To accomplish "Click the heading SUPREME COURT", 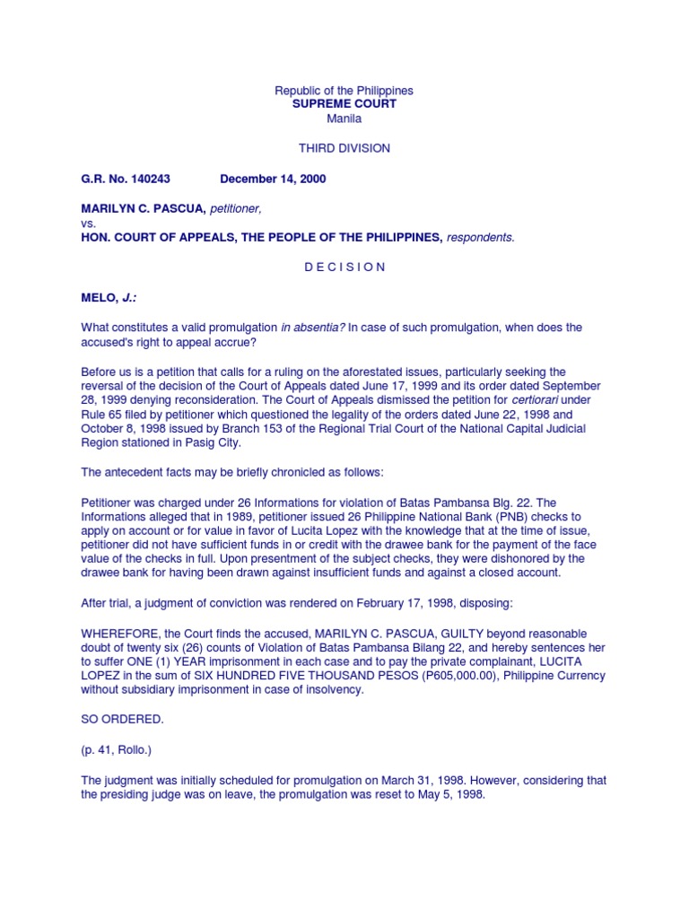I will (x=344, y=104).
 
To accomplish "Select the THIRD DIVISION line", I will (x=344, y=148).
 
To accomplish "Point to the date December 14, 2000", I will (x=273, y=179).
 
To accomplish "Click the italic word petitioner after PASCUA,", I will (x=236, y=209).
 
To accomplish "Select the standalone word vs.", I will (x=89, y=223).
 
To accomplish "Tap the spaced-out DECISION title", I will (x=344, y=267).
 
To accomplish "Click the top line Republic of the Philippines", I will (x=344, y=91).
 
